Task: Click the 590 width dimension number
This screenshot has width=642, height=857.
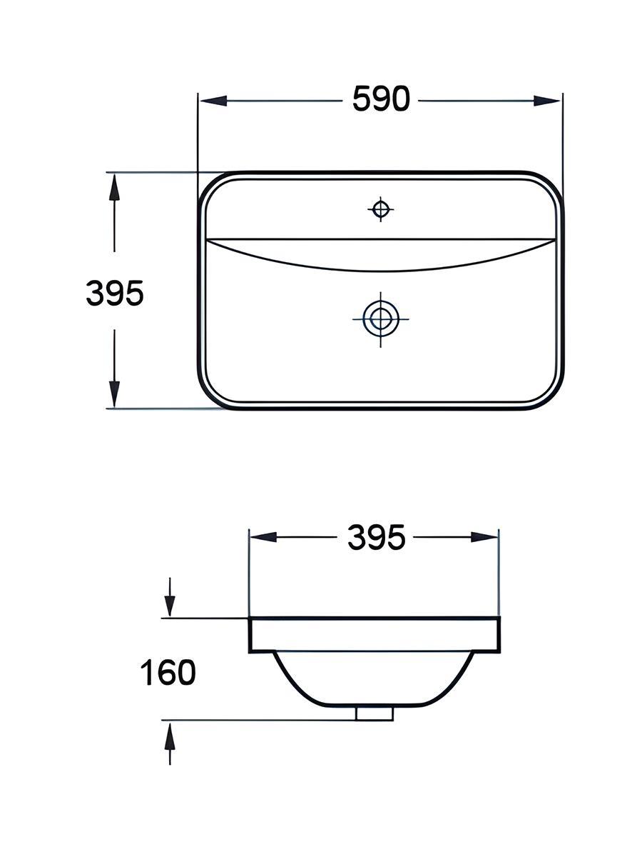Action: tap(381, 99)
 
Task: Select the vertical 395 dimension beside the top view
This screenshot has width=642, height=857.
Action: tap(115, 294)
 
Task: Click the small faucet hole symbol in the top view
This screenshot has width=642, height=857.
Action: tap(380, 209)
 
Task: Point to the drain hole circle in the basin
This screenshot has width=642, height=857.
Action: tap(380, 319)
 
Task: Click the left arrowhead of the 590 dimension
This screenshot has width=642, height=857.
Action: tap(213, 101)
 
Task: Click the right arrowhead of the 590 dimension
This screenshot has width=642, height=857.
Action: tap(546, 101)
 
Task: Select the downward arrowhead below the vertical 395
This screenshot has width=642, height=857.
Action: tap(114, 394)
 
